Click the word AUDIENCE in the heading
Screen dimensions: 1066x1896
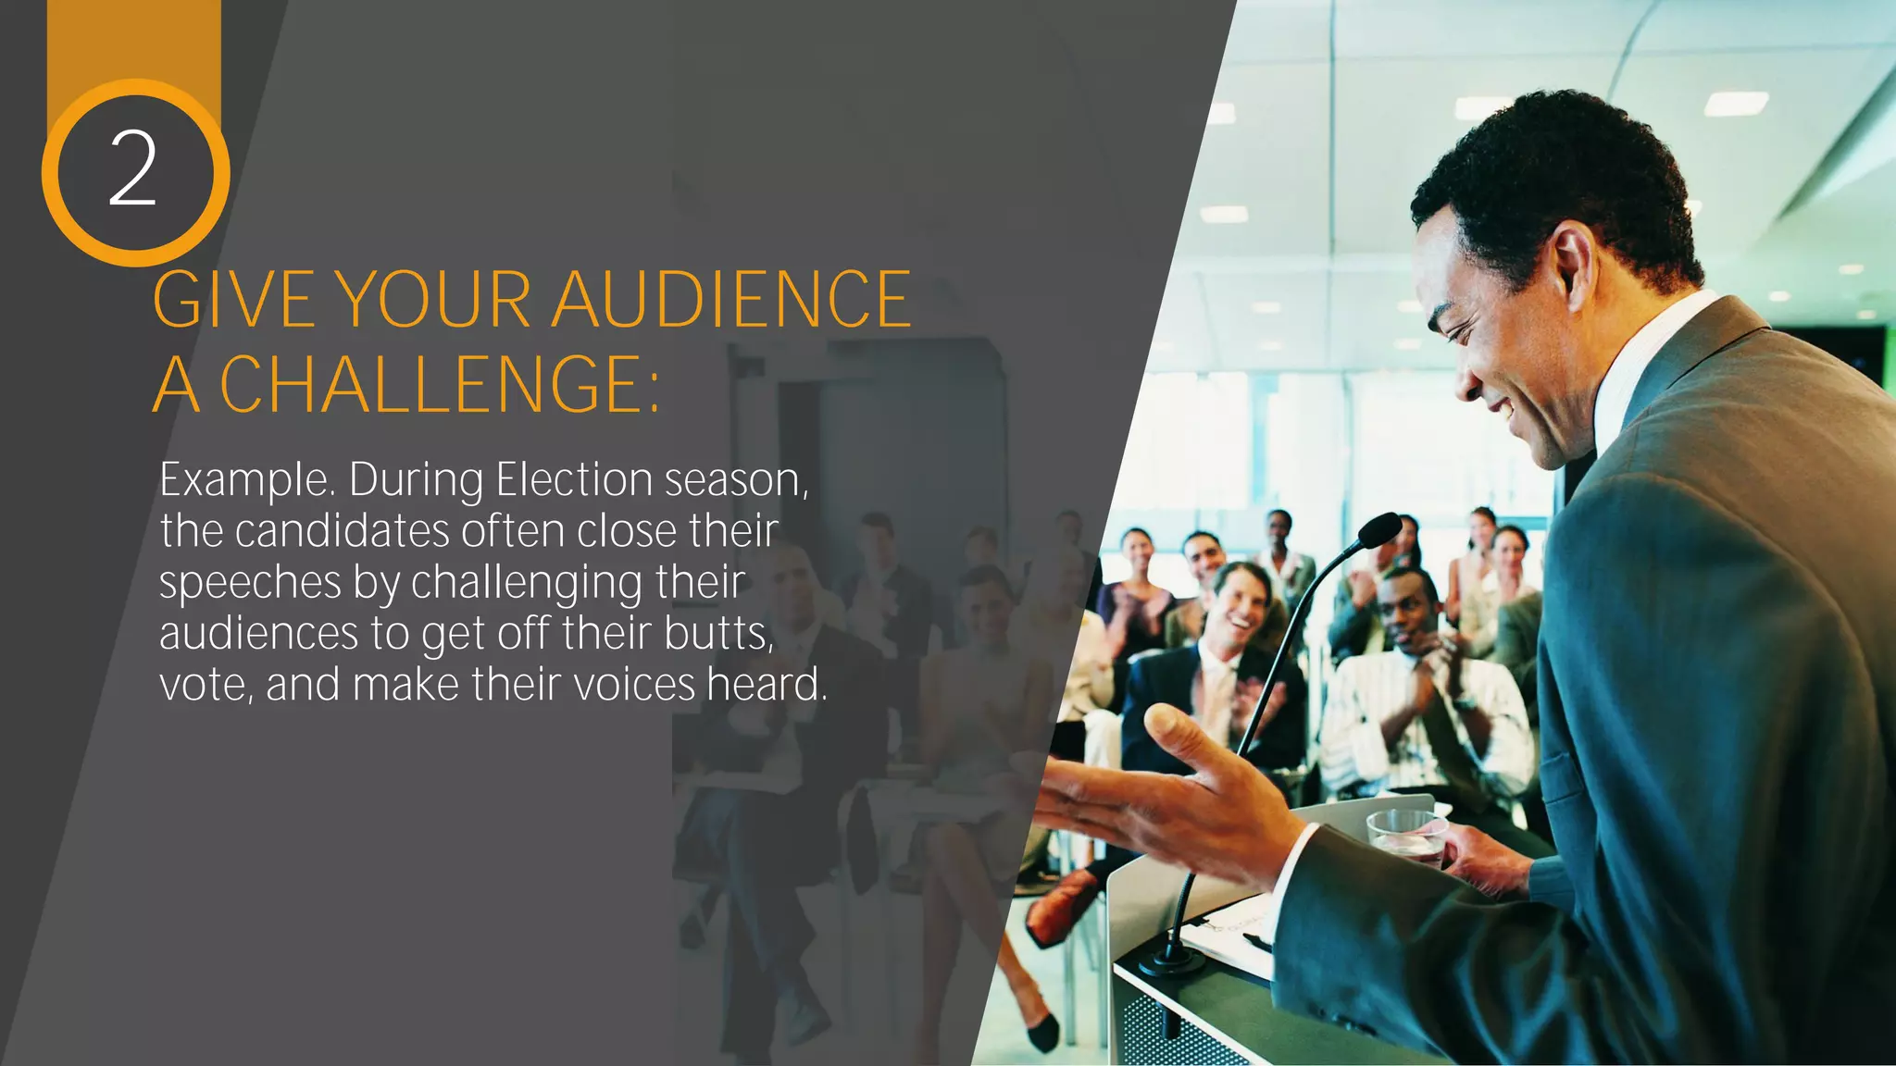click(x=731, y=300)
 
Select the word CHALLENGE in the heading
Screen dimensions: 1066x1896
click(x=426, y=383)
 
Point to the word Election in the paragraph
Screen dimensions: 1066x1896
click(x=574, y=480)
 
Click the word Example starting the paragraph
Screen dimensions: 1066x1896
click(x=245, y=480)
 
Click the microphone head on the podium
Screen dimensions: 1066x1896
click(x=1380, y=531)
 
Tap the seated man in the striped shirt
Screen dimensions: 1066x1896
click(x=1416, y=685)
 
